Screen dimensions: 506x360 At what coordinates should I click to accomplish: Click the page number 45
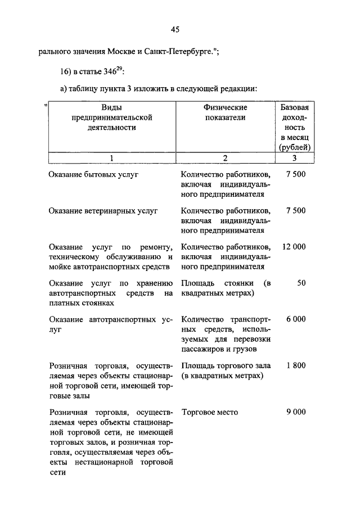point(174,30)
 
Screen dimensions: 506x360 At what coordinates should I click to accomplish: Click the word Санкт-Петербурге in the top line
point(179,53)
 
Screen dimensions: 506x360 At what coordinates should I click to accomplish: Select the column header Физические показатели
point(225,112)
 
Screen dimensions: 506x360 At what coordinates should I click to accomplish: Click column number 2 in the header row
point(225,158)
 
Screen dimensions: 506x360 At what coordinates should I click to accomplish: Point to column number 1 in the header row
point(112,158)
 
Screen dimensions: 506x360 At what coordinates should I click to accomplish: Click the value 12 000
point(294,247)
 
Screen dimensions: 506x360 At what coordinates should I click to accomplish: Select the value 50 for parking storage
point(301,283)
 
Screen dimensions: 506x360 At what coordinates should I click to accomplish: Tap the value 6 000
point(295,319)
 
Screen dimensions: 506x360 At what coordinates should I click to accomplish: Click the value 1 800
point(295,365)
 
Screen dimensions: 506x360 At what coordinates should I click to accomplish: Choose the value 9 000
point(295,412)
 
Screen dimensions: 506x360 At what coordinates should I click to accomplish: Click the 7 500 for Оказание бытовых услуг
point(295,175)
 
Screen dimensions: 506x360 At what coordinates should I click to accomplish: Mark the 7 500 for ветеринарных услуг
point(295,211)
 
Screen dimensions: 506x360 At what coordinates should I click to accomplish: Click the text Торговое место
point(209,412)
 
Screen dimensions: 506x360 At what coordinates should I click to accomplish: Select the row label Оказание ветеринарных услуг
point(103,211)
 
